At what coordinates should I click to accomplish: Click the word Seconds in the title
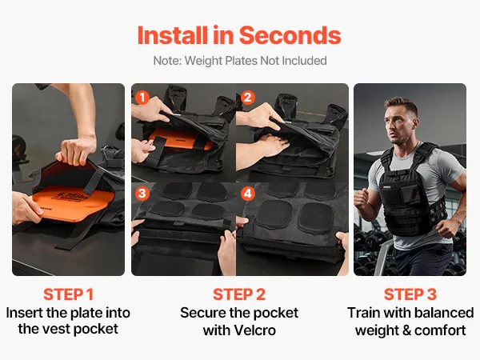point(290,35)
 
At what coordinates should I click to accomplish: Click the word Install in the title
point(172,35)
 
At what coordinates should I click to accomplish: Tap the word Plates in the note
point(242,61)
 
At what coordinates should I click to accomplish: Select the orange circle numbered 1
point(142,98)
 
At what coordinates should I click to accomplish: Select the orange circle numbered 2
point(248,98)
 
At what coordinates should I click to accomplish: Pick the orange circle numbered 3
point(142,194)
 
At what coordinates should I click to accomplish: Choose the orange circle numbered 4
point(248,194)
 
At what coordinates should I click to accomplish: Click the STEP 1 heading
point(68,294)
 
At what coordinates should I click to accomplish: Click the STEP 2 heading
point(239,294)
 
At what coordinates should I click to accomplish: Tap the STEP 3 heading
point(410,294)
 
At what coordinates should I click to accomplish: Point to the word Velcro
point(254,330)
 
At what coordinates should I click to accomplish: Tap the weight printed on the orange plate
point(74,196)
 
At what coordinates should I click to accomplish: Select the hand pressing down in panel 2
point(274,145)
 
